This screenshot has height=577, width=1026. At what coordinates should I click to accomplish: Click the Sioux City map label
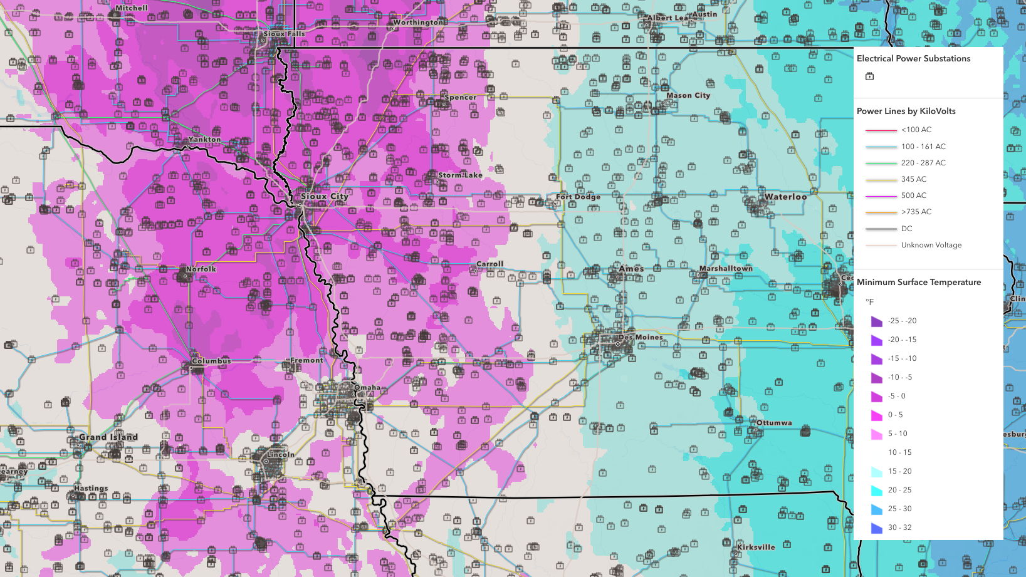click(x=324, y=197)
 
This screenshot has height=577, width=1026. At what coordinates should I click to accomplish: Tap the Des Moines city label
click(x=640, y=337)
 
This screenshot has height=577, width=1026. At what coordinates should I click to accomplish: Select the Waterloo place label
click(x=785, y=197)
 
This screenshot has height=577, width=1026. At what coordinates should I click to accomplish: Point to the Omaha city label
click(x=367, y=387)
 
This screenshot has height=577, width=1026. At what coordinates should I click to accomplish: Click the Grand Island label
click(x=108, y=437)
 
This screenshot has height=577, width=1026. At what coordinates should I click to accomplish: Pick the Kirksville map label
click(x=756, y=547)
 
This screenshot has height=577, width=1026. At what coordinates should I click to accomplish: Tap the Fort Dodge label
click(x=578, y=197)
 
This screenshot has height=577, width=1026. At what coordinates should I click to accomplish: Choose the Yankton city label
click(x=204, y=139)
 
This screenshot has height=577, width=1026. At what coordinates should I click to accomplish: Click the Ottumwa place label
click(x=774, y=423)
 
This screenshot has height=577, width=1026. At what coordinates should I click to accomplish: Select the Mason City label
click(x=688, y=95)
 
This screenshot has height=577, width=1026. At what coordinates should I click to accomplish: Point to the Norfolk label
click(x=201, y=269)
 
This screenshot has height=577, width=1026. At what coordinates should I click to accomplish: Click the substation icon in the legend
click(x=869, y=76)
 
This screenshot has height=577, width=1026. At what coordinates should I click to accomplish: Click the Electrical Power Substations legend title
click(x=913, y=58)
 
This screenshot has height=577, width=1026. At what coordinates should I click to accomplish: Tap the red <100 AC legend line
click(x=881, y=130)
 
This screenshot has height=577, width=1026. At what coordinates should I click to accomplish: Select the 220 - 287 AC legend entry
click(x=923, y=163)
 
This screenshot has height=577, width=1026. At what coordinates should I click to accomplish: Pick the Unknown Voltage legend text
click(x=931, y=245)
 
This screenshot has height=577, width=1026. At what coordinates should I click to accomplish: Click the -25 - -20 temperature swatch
click(x=876, y=321)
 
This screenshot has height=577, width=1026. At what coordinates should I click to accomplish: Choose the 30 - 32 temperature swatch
click(x=876, y=528)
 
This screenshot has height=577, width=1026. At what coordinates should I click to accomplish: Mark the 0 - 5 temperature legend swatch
click(x=876, y=415)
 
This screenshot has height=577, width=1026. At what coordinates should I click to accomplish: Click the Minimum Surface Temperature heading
click(x=918, y=282)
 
